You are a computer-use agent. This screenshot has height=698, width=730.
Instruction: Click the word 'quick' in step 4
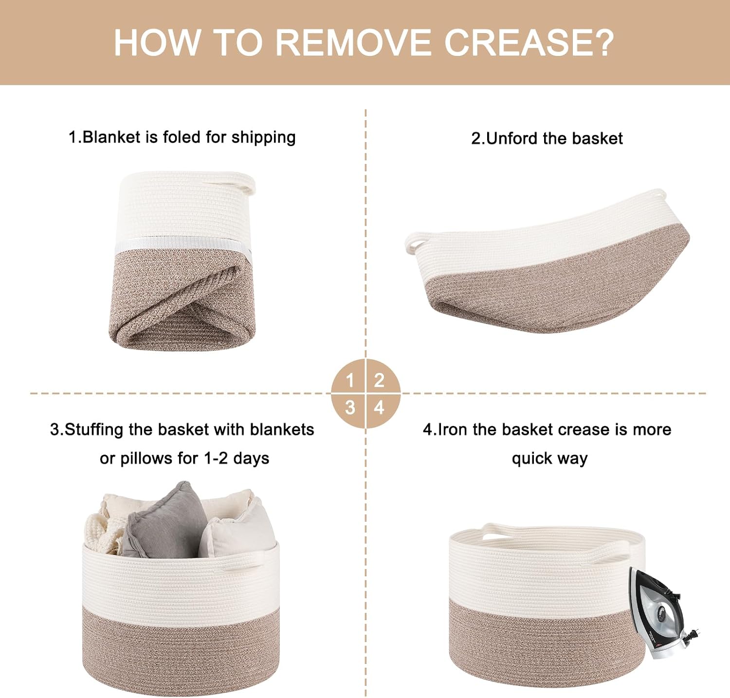pos(531,459)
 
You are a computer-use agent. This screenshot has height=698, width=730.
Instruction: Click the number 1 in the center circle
pos(350,381)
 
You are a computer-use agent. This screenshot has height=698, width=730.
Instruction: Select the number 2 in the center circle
pos(380,381)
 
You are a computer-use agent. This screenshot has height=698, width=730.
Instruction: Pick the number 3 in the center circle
pos(350,407)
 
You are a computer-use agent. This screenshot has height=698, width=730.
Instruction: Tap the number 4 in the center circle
pos(380,407)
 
